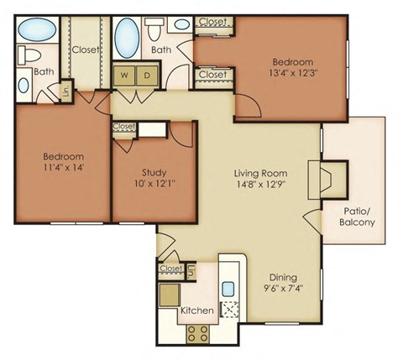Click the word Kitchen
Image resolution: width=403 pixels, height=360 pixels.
[196, 310]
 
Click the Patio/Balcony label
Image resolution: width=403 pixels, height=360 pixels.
[359, 217]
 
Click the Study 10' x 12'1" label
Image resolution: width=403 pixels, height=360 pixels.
[154, 177]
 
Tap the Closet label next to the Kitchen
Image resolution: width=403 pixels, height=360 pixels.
[170, 269]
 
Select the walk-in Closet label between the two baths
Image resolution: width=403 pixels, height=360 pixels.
[86, 50]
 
